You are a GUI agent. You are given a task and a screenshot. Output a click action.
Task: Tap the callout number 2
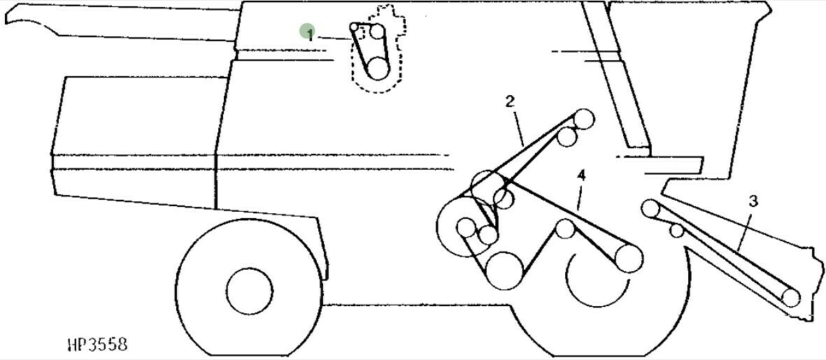(510, 101)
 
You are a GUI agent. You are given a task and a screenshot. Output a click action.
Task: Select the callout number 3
(753, 202)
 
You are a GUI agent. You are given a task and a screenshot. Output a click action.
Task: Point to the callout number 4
(581, 175)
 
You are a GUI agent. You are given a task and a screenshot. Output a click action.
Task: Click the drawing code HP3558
(97, 345)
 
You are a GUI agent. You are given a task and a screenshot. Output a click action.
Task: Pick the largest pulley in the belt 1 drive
(378, 68)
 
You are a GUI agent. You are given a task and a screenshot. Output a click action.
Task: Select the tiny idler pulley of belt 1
(355, 27)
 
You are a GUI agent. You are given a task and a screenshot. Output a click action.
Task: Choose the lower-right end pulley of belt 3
(791, 298)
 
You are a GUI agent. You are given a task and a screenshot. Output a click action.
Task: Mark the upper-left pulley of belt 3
(650, 208)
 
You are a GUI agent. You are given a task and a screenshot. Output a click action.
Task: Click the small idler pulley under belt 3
(676, 230)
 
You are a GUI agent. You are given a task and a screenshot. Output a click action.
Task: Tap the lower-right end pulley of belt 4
(629, 259)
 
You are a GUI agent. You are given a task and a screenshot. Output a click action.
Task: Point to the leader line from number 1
(334, 38)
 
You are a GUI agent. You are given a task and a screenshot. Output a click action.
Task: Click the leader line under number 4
(580, 195)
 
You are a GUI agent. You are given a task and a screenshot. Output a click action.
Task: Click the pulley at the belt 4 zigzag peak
(565, 228)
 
